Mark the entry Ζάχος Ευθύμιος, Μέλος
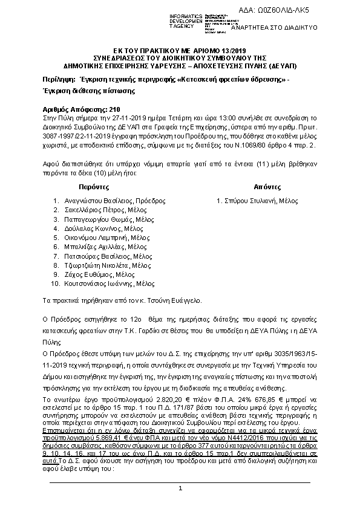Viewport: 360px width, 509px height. click(x=96, y=274)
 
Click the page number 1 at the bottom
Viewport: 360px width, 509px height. click(x=180, y=487)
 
